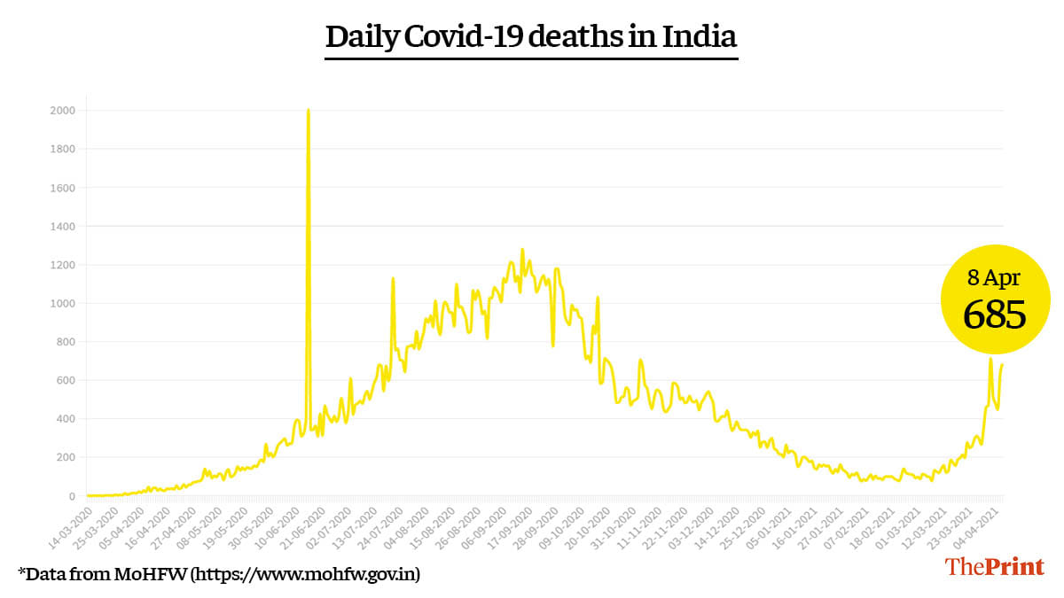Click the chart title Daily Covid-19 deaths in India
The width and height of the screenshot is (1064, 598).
pyautogui.click(x=531, y=37)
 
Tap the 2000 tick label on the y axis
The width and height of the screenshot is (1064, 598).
pyautogui.click(x=62, y=111)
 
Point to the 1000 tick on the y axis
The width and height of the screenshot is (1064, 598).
pyautogui.click(x=62, y=303)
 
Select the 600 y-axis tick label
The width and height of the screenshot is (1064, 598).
pyautogui.click(x=65, y=380)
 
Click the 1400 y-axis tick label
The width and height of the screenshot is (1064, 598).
pyautogui.click(x=62, y=226)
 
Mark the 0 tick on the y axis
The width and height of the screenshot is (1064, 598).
pyautogui.click(x=71, y=496)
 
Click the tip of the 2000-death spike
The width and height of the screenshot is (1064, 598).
pyautogui.click(x=308, y=111)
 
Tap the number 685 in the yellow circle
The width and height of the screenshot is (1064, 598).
pyautogui.click(x=995, y=315)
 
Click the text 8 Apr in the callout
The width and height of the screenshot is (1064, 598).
pyautogui.click(x=994, y=277)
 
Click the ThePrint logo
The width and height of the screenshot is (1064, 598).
pyautogui.click(x=994, y=567)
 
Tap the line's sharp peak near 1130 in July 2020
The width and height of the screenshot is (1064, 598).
pyautogui.click(x=393, y=279)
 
